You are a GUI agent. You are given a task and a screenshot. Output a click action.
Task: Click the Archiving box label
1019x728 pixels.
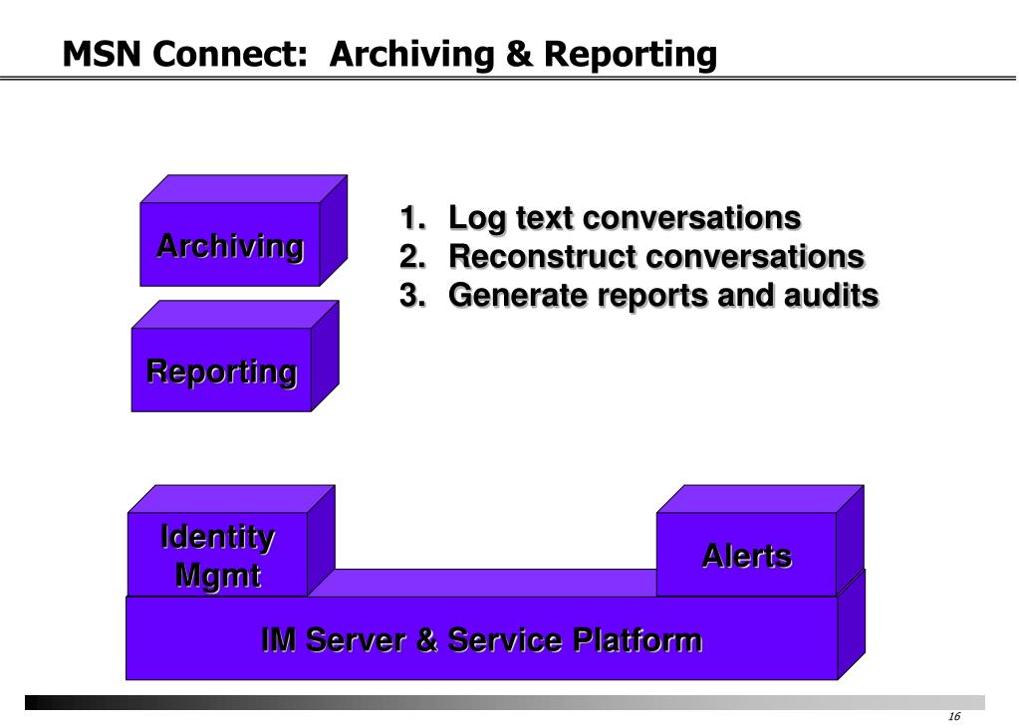[x=230, y=247]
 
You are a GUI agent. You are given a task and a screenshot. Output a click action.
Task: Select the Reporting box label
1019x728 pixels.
[x=221, y=372]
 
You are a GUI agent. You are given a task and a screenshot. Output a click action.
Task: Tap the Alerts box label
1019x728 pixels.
[x=747, y=557]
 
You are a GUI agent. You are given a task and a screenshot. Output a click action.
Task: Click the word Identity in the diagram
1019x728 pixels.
[x=218, y=537]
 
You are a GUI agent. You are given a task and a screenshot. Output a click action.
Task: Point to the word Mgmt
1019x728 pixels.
[x=218, y=576]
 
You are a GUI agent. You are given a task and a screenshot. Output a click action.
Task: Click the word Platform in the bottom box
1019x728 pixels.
[x=637, y=640]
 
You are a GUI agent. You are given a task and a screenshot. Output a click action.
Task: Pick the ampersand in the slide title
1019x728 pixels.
[x=519, y=54]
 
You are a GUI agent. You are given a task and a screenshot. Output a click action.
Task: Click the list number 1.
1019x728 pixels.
[x=412, y=217]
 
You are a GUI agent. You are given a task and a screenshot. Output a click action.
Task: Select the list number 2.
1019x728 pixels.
[x=412, y=256]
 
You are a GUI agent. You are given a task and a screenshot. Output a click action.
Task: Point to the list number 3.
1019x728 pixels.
[x=412, y=295]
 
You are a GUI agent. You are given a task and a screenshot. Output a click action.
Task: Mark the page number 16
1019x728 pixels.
[x=954, y=716]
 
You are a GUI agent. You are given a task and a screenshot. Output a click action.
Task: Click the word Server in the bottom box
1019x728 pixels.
[x=356, y=640]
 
